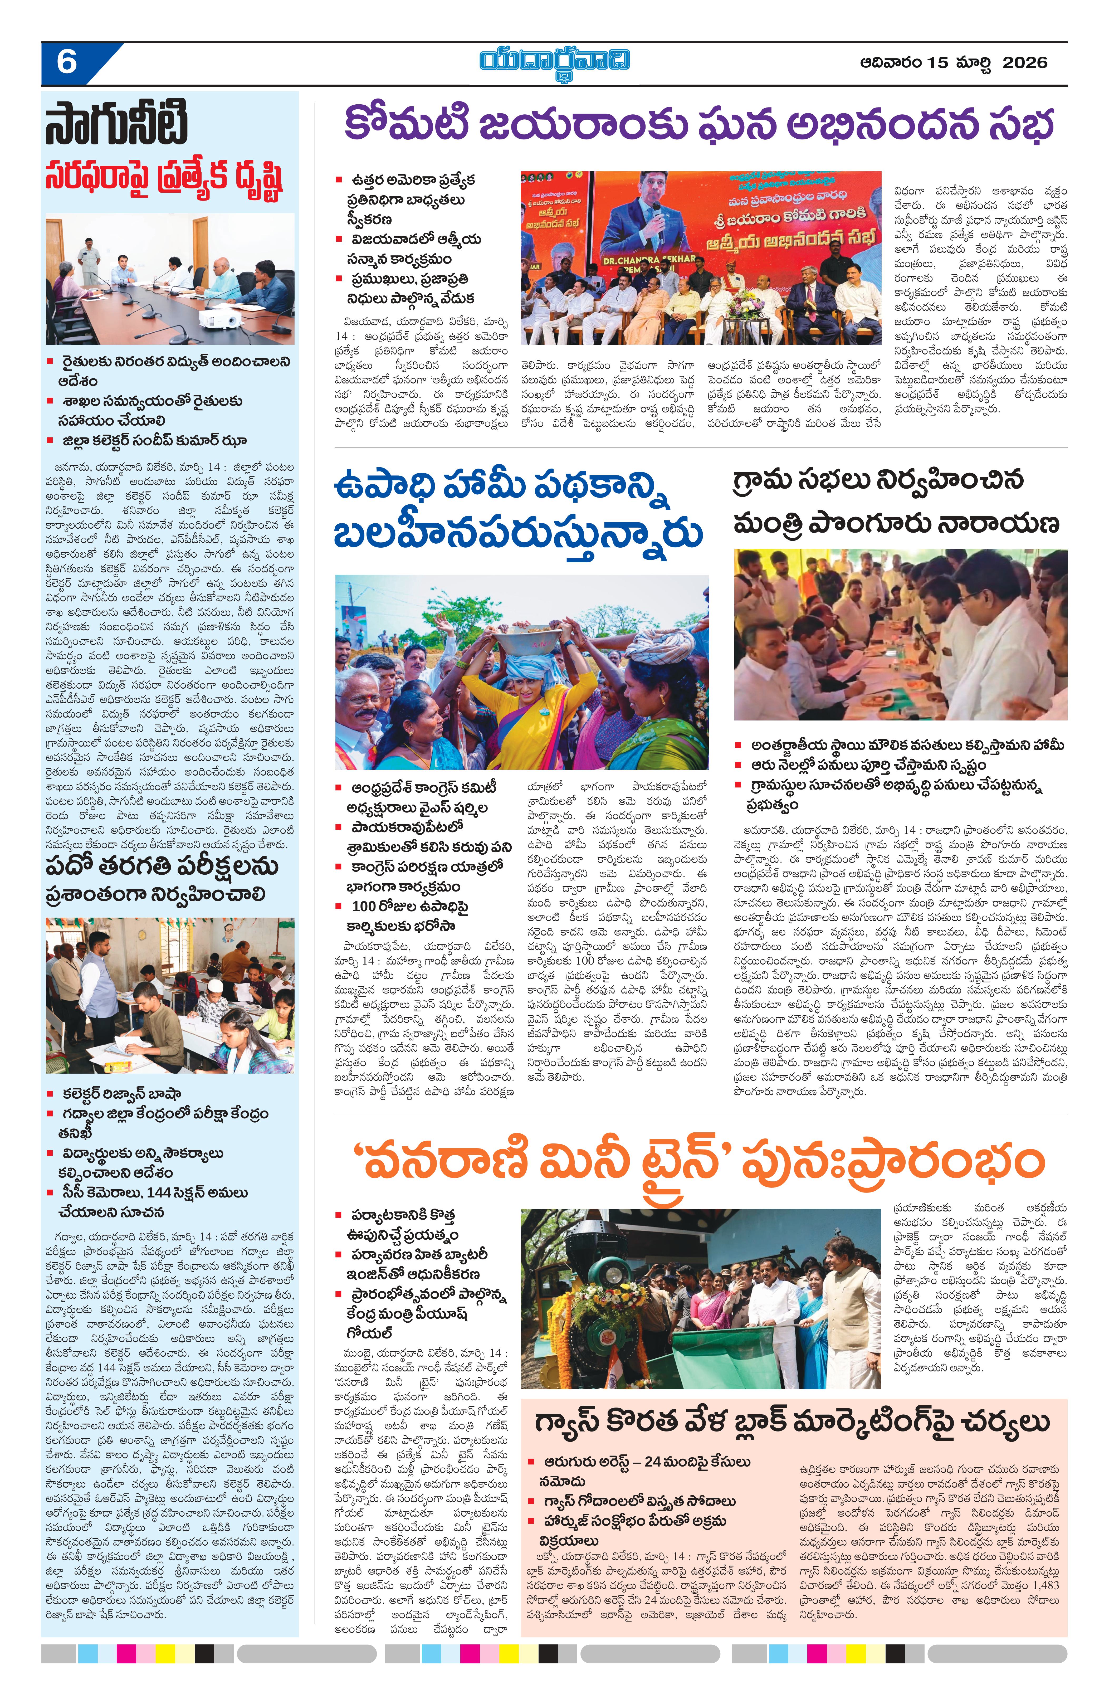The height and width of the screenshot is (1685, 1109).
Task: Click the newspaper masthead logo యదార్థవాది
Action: [554, 61]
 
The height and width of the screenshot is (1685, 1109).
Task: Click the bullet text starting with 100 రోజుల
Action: [411, 907]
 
